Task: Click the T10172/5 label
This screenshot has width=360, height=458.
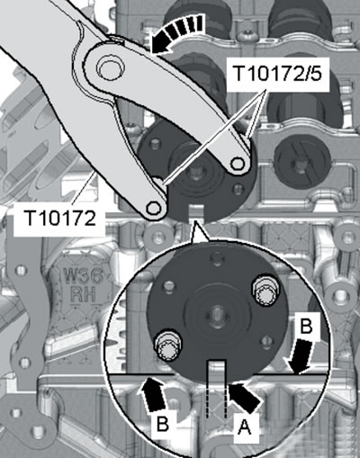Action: (x=277, y=73)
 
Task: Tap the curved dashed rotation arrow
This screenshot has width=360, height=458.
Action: (x=177, y=33)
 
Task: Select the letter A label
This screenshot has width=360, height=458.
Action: (x=244, y=427)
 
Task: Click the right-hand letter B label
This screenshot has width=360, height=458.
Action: (x=306, y=326)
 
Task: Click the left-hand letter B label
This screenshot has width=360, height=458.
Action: (x=162, y=424)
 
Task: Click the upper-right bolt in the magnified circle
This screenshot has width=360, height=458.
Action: (x=265, y=293)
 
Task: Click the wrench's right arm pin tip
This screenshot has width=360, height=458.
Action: (x=238, y=163)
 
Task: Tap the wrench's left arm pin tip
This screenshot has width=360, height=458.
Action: (x=154, y=208)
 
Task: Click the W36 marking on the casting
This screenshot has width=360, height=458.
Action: (x=83, y=277)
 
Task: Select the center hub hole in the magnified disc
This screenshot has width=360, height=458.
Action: (x=216, y=314)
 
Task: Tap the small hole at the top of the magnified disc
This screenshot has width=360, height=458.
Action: (x=217, y=256)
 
